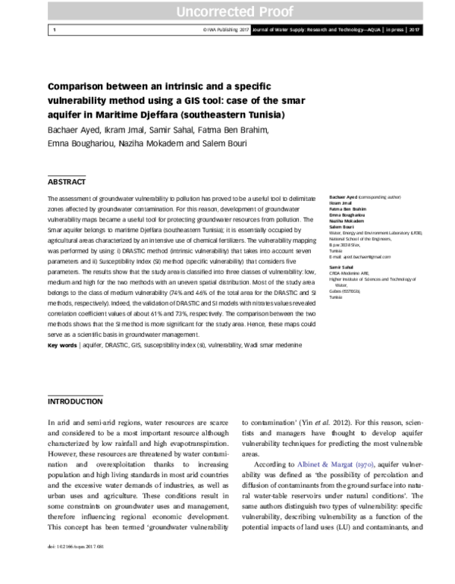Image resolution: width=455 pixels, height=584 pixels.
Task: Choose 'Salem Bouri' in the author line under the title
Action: point(225,143)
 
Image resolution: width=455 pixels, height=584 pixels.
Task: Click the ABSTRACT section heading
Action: point(67,183)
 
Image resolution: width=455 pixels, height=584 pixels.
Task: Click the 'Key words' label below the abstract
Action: point(62,346)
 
